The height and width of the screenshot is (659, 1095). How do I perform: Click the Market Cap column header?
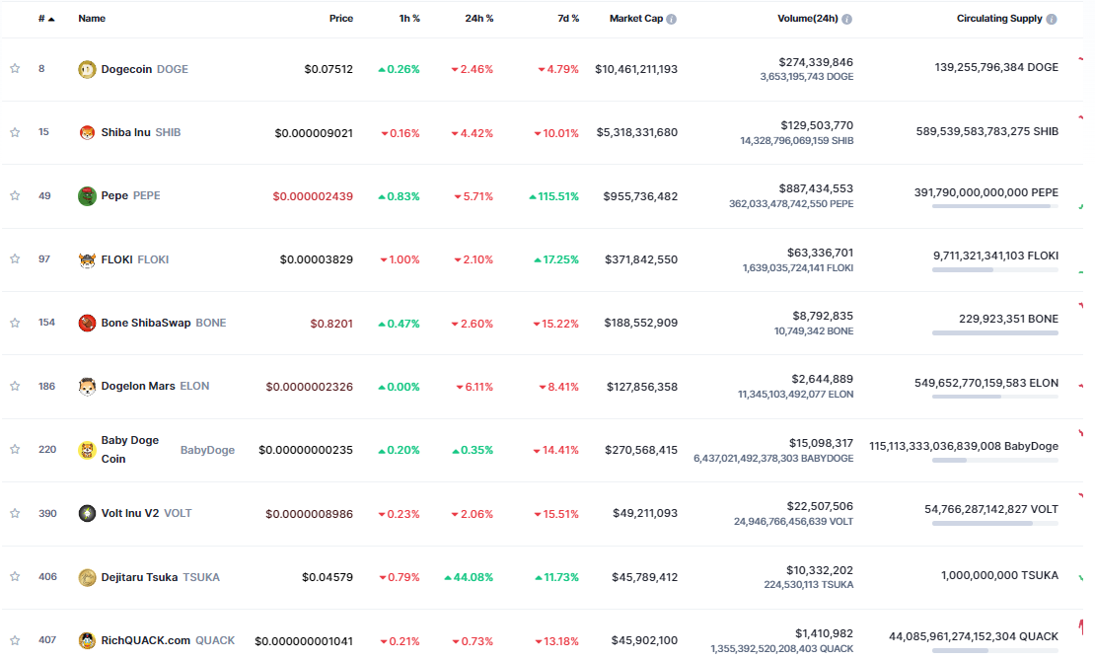(x=635, y=19)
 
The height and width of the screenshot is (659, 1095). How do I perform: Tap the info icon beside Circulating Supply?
(x=1051, y=19)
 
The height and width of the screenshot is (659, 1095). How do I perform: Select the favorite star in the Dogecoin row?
(x=15, y=69)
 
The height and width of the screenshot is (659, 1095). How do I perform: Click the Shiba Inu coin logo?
(x=87, y=132)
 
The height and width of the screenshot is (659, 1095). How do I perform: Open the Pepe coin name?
(x=114, y=195)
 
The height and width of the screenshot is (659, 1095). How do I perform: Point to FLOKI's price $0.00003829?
(x=316, y=259)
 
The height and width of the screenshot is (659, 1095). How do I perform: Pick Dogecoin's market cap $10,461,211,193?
(x=636, y=69)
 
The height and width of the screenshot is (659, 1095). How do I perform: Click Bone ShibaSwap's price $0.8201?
(x=331, y=324)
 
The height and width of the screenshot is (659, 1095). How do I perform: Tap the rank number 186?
(x=47, y=387)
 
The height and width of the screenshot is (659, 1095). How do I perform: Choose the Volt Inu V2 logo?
(x=87, y=513)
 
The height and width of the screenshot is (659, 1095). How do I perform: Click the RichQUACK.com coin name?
(x=146, y=640)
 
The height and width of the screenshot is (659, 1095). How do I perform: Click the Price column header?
(x=341, y=19)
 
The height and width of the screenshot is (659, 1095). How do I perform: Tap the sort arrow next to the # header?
(x=51, y=20)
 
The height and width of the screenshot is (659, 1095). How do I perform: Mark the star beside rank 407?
(x=15, y=640)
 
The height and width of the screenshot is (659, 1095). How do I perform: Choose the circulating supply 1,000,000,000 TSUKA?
(x=999, y=576)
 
